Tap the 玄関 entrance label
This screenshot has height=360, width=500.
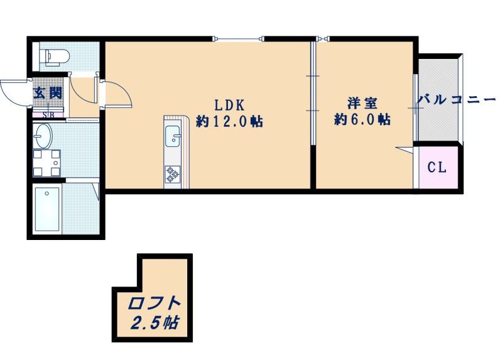click(x=48, y=93)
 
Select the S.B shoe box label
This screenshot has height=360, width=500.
click(x=48, y=115)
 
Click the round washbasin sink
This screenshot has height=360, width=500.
click(x=43, y=136)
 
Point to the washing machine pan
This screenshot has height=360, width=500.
click(x=46, y=163)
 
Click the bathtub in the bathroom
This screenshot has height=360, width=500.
click(x=47, y=209)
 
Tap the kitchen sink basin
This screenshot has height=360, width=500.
click(x=173, y=136)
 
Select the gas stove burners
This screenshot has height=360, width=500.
click(x=172, y=175)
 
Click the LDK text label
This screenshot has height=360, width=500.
click(x=229, y=104)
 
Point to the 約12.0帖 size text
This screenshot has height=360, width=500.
click(x=230, y=121)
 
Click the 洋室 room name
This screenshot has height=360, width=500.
click(x=362, y=103)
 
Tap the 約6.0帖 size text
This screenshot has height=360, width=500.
click(x=362, y=119)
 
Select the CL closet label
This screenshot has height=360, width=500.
click(x=437, y=167)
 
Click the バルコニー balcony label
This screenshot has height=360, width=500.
click(x=457, y=100)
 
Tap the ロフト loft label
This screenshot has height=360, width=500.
click(x=154, y=303)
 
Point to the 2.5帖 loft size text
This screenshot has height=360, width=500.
click(x=155, y=323)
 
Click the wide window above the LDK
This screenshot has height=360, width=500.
click(x=238, y=39)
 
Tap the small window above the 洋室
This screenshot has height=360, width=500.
click(x=322, y=39)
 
